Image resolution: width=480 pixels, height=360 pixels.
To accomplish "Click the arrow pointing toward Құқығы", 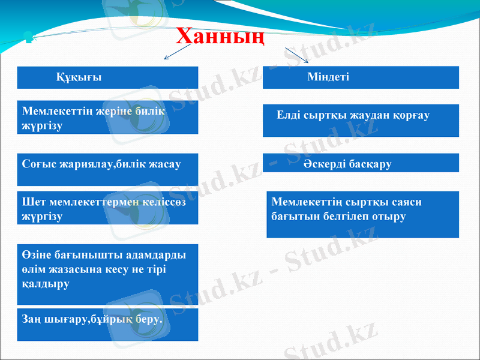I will point(177,54).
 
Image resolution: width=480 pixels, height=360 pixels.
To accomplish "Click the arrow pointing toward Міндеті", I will point(297,55).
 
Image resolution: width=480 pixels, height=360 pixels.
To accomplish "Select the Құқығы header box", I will point(108,77).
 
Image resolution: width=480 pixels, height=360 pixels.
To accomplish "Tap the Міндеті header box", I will point(361,77).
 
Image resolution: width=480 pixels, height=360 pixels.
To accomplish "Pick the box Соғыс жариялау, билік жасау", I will point(108,164).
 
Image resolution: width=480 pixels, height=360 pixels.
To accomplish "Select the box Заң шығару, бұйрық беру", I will point(108,324).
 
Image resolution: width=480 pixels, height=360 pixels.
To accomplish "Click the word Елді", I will point(289,115).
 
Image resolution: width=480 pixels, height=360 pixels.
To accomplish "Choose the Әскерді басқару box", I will point(361,163).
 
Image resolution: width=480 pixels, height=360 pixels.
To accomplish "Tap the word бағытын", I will point(293,216).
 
